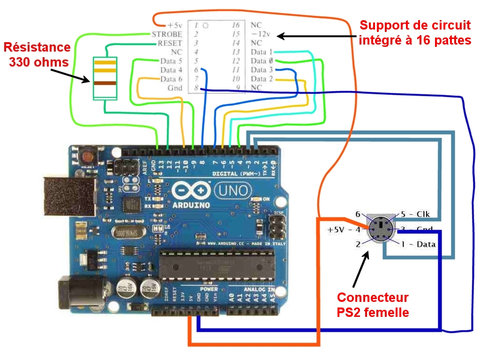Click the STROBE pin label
pos(166,34)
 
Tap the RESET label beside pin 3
pos(169,43)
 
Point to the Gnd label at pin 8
pos(175,88)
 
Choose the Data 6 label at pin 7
pos(171,79)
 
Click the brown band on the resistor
pos(105,83)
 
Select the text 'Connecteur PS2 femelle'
pos(373,305)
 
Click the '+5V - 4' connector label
pos(344,230)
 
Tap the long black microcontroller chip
pos(217,265)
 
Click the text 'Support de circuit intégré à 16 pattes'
pos(414,32)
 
